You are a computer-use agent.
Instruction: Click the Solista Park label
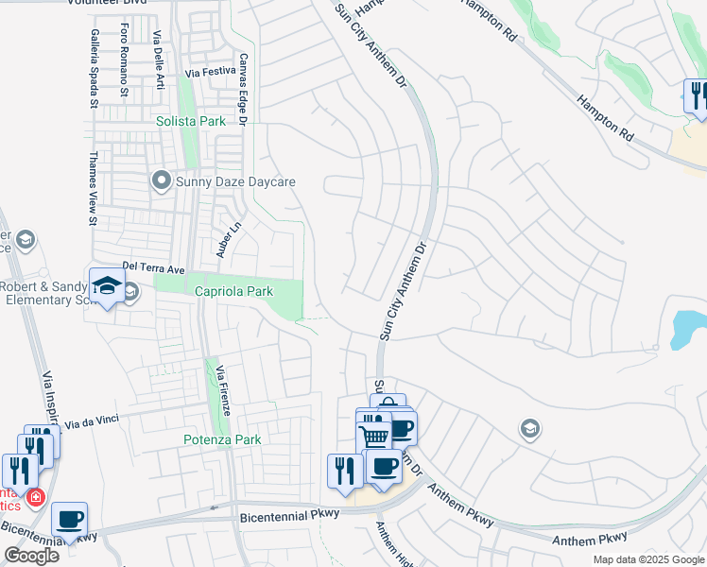tap(191, 121)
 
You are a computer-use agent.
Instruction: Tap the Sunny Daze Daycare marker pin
tap(161, 180)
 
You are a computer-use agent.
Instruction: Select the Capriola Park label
tap(233, 291)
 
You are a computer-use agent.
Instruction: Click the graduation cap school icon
tap(105, 285)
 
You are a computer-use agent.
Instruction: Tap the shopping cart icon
tap(374, 437)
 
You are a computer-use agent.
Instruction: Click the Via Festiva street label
tap(210, 71)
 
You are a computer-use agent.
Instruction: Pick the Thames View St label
tap(93, 189)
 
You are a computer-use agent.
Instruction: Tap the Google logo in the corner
tap(31, 556)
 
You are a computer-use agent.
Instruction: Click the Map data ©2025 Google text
tap(648, 559)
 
